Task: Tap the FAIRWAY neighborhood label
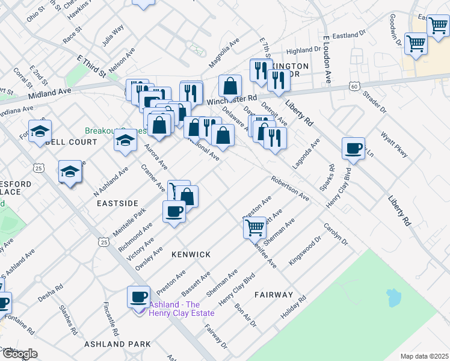click(273, 295)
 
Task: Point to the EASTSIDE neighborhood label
click(117, 204)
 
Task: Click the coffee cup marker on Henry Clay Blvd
click(353, 148)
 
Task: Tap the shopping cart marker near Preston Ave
click(255, 227)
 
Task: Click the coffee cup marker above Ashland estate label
click(138, 297)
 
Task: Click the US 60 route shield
click(354, 87)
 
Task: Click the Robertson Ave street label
click(289, 188)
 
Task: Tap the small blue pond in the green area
click(394, 297)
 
